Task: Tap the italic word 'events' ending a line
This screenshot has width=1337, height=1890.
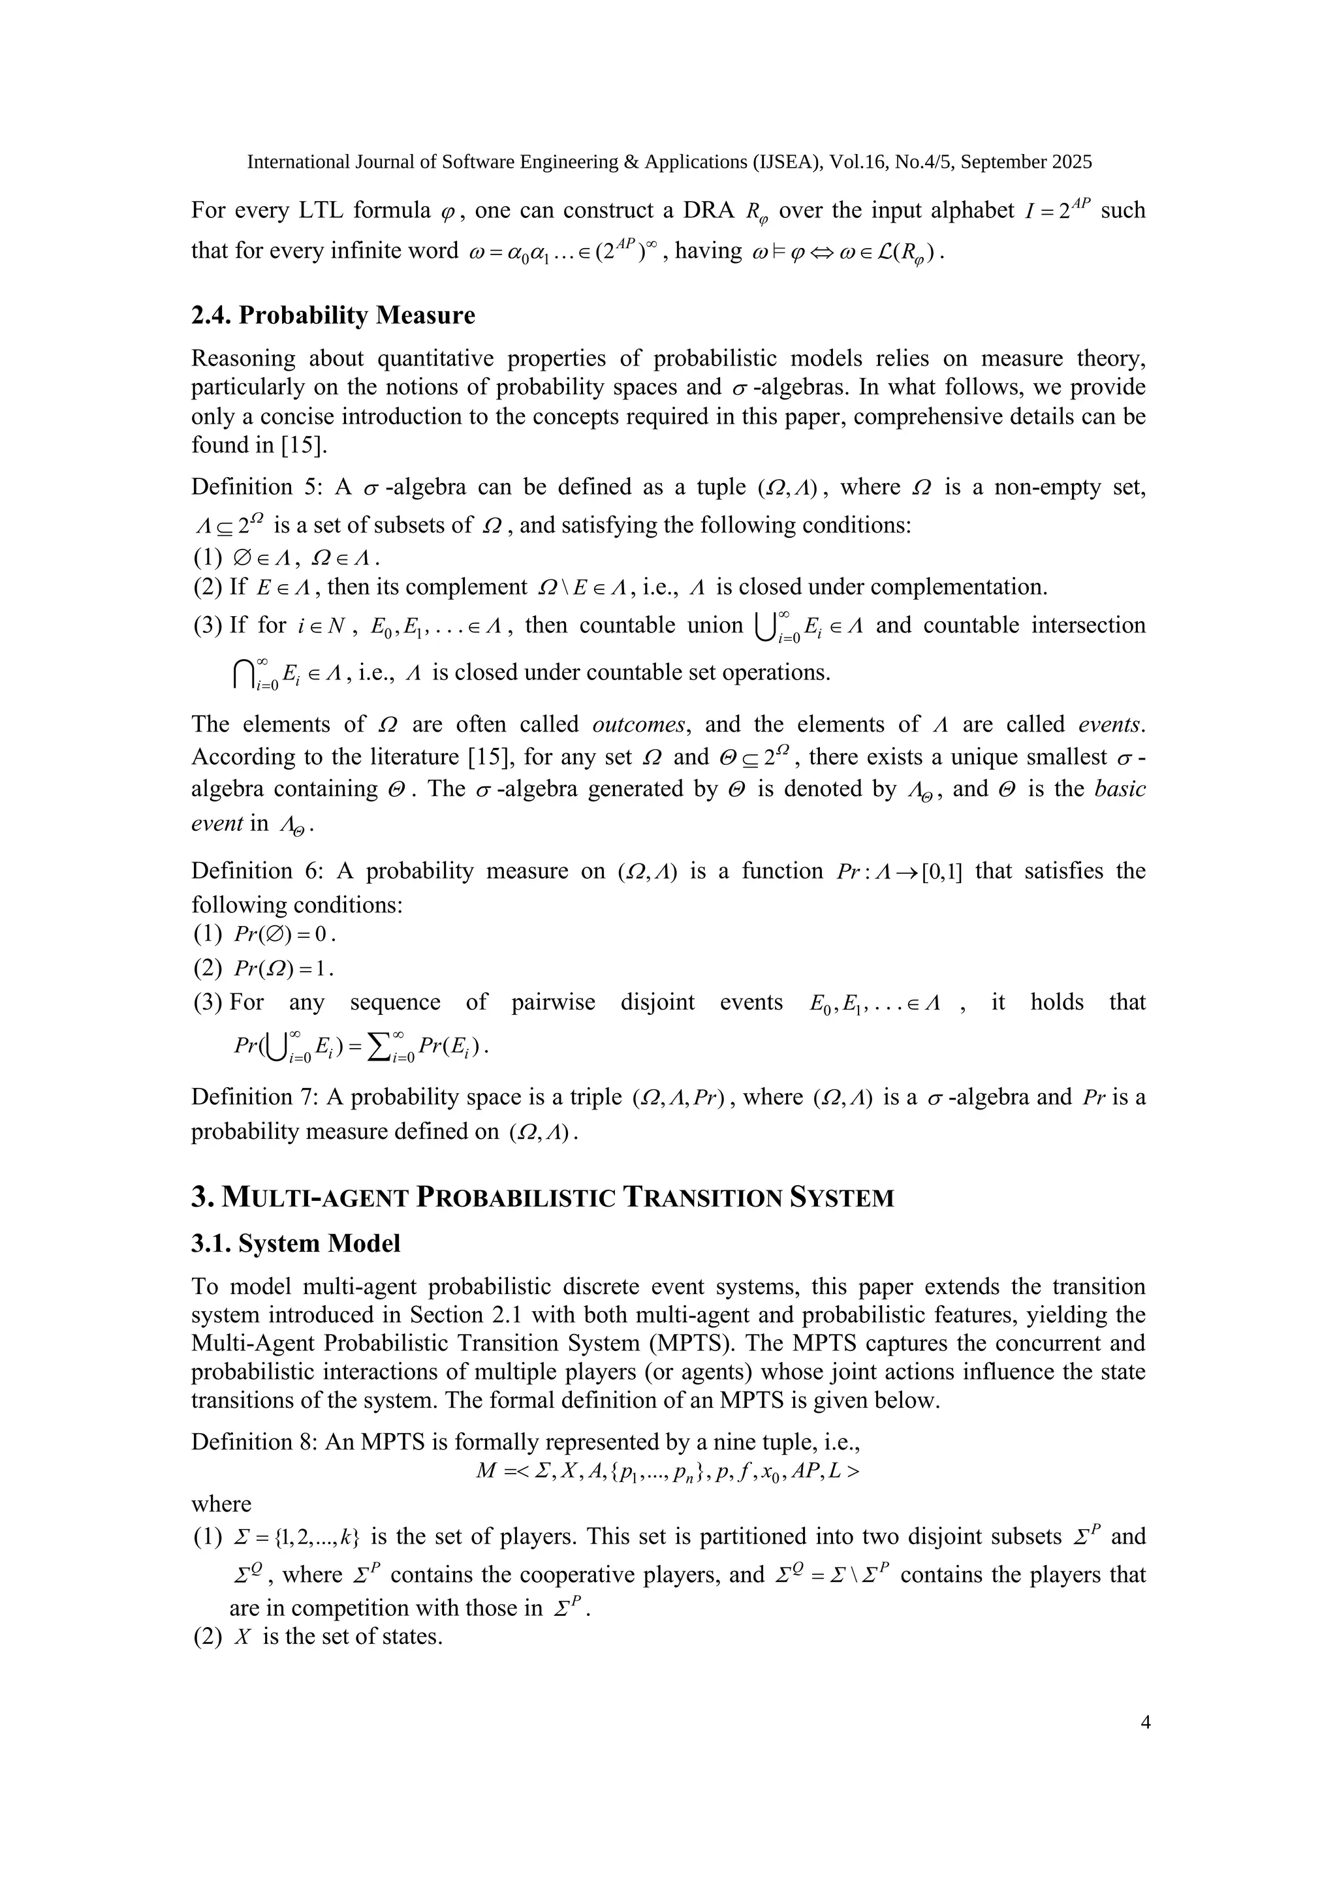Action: (x=1110, y=724)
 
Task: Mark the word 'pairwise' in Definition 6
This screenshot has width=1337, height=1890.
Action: (x=548, y=1002)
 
